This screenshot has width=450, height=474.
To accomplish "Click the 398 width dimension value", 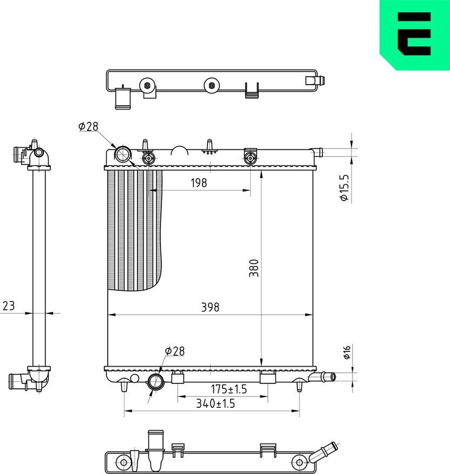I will tap(210, 307).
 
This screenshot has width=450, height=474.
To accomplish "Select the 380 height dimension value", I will tap(254, 268).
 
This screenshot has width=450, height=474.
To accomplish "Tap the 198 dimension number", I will tap(199, 183).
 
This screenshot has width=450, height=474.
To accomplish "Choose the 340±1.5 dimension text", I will tap(215, 403).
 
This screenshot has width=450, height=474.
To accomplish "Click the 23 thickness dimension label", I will tap(8, 306).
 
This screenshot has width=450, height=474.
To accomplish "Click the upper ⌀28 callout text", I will tap(88, 126).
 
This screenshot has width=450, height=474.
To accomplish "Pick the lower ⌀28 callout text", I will tap(174, 351).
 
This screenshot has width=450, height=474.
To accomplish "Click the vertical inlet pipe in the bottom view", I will tap(155, 450).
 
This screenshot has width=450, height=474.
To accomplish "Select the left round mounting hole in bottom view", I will tap(124, 463).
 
